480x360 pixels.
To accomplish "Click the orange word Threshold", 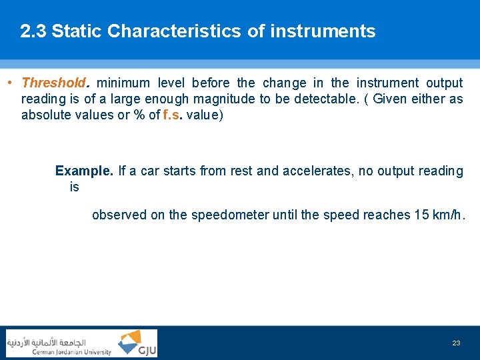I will (53, 83).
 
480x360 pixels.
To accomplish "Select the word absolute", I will (45, 115).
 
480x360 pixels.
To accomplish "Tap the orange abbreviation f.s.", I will (172, 115).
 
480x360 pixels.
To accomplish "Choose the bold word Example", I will (85, 171).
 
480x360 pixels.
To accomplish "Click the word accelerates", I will (317, 171).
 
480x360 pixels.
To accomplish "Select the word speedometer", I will (230, 215).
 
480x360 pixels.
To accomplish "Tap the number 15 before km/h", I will (421, 215).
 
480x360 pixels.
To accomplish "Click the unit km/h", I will (449, 215).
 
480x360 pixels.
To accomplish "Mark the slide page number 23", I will (456, 343).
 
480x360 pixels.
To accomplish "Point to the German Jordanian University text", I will (72, 352).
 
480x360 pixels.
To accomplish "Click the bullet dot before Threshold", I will (9, 83).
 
